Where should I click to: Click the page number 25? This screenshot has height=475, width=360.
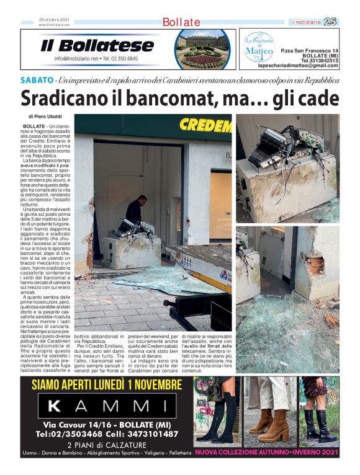330,22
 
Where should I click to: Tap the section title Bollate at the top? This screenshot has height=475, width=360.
181,22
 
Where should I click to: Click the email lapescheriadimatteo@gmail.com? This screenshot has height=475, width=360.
298,66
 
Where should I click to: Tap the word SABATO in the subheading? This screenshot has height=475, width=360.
37,81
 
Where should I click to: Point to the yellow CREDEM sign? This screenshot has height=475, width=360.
205,127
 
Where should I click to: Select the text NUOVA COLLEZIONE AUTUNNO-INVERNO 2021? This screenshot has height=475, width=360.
267,453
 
